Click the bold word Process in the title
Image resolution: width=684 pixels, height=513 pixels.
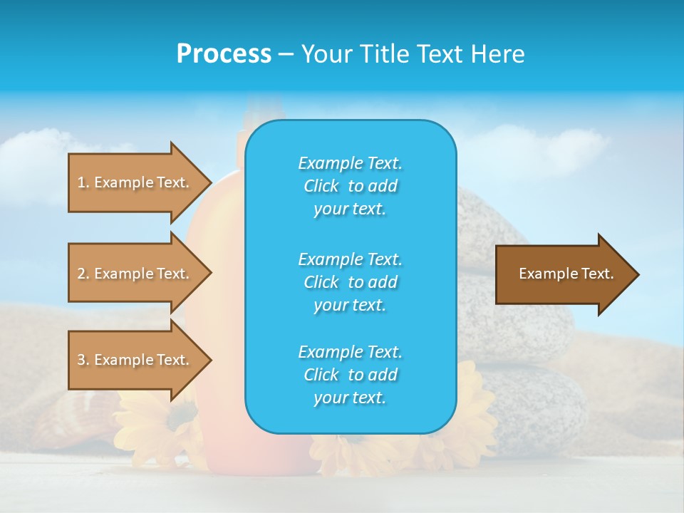[x=224, y=53]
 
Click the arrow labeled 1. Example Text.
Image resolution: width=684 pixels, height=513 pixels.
[x=135, y=182]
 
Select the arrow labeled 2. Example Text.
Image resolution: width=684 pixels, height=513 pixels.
[x=135, y=274]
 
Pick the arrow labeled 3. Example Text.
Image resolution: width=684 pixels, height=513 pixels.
[x=135, y=360]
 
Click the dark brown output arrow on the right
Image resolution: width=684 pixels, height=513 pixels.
[x=563, y=274]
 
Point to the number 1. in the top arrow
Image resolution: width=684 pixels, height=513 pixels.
[x=83, y=182]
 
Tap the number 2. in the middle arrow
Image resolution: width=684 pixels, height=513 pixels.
[x=83, y=274]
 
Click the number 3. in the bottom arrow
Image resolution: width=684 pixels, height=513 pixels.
[x=83, y=360]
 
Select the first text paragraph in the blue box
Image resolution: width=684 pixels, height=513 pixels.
[x=350, y=186]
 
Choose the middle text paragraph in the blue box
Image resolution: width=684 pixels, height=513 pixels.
[x=350, y=282]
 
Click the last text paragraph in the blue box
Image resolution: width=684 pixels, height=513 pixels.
[x=350, y=375]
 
